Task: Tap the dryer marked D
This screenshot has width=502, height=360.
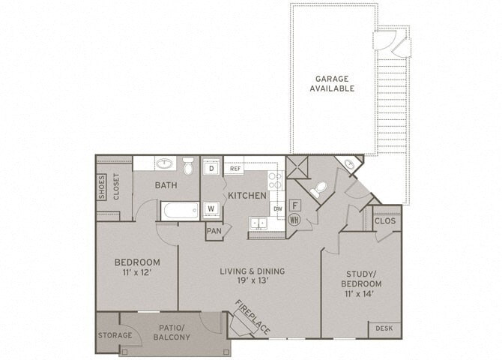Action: coord(211,169)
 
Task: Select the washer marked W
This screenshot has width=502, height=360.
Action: coord(211,208)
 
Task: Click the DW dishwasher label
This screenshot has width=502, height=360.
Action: coord(278,208)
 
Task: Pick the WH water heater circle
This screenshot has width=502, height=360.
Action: coord(294,220)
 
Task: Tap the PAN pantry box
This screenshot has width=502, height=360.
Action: coord(214,231)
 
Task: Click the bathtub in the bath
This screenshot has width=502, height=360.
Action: coord(180,211)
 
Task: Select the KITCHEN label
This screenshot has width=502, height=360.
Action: coord(247,195)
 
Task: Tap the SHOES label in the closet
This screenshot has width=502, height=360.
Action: coord(102,187)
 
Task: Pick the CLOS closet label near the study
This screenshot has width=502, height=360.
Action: coord(385,221)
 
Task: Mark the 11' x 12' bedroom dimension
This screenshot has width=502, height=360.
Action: coord(137,273)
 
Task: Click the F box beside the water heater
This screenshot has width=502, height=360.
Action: coord(295,204)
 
